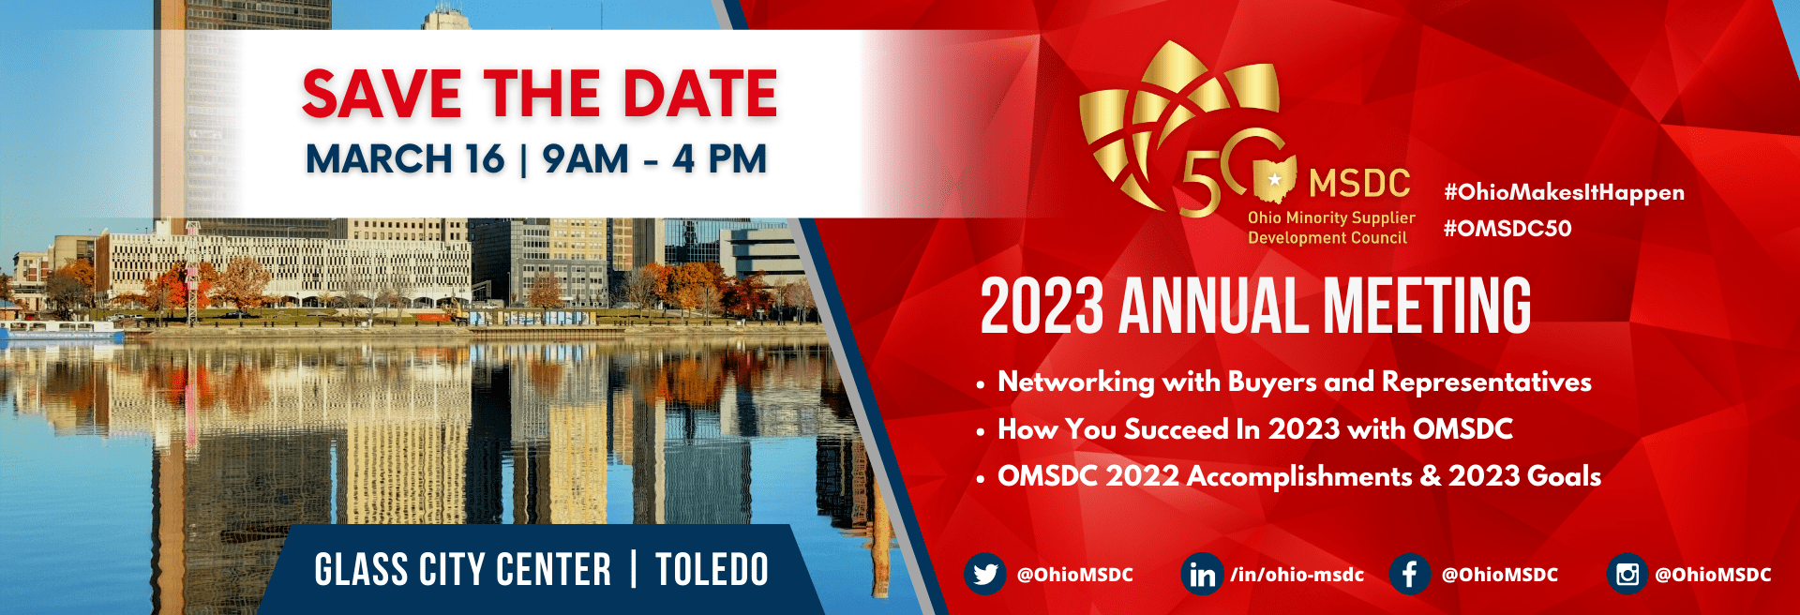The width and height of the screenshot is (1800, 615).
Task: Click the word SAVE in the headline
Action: (x=382, y=94)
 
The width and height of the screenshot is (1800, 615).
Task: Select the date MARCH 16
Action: (x=405, y=158)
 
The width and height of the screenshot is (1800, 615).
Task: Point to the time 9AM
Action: (x=585, y=158)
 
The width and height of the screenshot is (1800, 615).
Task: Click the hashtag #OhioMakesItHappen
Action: (x=1564, y=193)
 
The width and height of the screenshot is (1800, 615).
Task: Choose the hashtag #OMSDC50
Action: (x=1507, y=228)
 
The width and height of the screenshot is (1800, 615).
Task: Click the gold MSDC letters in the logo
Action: (x=1359, y=184)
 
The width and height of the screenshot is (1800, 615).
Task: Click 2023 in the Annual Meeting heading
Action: (x=1042, y=307)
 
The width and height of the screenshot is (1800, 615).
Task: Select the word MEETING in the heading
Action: (x=1427, y=307)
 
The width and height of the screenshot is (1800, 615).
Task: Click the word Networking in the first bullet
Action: (x=1076, y=382)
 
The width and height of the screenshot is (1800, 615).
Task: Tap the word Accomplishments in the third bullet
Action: (x=1299, y=477)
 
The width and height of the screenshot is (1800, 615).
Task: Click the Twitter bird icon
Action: (x=985, y=574)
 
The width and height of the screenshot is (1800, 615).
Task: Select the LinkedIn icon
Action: (x=1202, y=574)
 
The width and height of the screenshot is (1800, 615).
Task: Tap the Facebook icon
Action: (x=1410, y=574)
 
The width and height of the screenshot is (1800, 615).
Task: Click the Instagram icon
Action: (x=1627, y=574)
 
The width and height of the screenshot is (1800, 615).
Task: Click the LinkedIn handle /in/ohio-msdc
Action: (x=1297, y=575)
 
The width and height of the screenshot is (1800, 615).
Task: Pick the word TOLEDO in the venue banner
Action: (x=712, y=570)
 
